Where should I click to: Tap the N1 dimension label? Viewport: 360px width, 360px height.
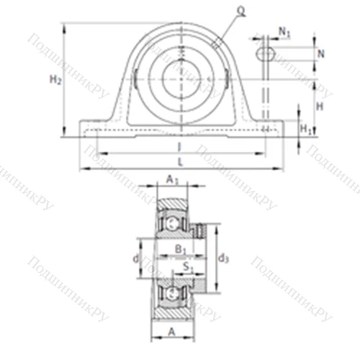(285, 32)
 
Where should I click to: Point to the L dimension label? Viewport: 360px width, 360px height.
(180, 163)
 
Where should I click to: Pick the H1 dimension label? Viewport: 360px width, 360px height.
(305, 129)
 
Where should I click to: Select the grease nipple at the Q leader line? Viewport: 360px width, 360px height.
(215, 45)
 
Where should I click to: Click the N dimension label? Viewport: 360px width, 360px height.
(320, 53)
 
